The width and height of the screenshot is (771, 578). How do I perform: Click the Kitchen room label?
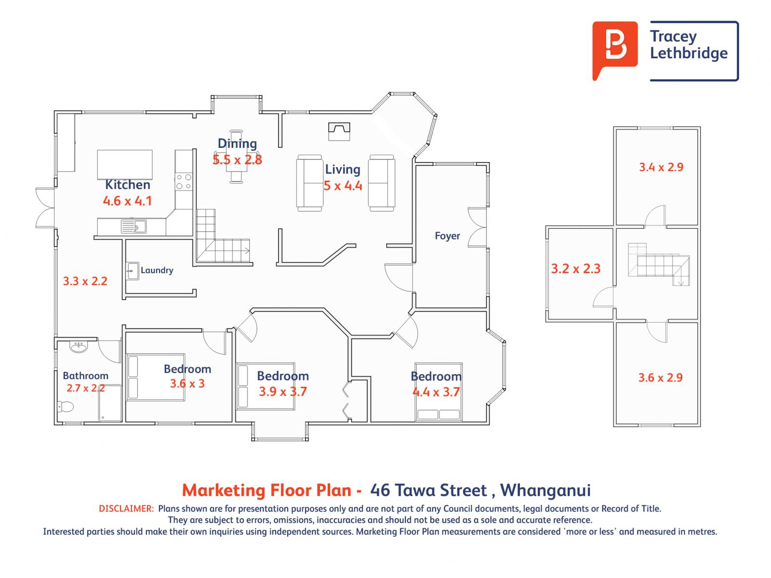pos(128,184)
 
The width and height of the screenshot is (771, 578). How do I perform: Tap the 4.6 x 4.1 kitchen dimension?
pos(127,201)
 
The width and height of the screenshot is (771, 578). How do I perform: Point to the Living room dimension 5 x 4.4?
pos(343,185)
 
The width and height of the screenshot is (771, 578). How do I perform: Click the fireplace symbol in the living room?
pos(339,131)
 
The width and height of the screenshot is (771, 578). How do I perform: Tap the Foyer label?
pos(447,236)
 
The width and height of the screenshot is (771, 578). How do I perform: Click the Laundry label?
pos(157,270)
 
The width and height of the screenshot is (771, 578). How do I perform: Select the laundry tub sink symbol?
pos(133,271)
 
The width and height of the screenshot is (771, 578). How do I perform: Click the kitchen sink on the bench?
pos(133,226)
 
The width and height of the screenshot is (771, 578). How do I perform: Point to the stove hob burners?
pos(184,182)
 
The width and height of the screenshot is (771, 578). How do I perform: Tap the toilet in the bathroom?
pos(66,407)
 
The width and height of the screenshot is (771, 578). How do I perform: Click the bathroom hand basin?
pos(79,347)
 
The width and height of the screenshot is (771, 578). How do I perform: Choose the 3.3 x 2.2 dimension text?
pos(85,281)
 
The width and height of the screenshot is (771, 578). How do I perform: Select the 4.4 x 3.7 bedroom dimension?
pos(436,392)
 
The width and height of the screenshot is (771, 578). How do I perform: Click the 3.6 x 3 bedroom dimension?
pos(187,383)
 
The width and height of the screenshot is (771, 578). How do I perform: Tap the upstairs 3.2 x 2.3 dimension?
pos(576,268)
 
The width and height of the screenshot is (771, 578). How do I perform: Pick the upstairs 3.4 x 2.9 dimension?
pos(661,167)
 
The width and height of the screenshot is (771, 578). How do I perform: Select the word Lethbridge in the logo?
pos(689,53)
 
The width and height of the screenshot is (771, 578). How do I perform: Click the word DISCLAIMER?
pos(126,509)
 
